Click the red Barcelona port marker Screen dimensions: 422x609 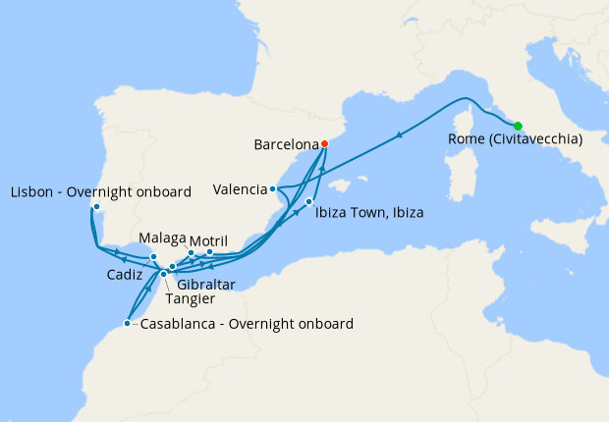point(324,143)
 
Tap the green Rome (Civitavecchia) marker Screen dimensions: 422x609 point(518,125)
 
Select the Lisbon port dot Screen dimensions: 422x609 point(95,207)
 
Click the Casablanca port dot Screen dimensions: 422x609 point(128,323)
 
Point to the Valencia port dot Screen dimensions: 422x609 point(272,188)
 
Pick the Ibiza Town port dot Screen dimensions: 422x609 point(309,202)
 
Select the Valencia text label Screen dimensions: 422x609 point(241,188)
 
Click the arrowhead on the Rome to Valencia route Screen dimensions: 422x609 point(400,135)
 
